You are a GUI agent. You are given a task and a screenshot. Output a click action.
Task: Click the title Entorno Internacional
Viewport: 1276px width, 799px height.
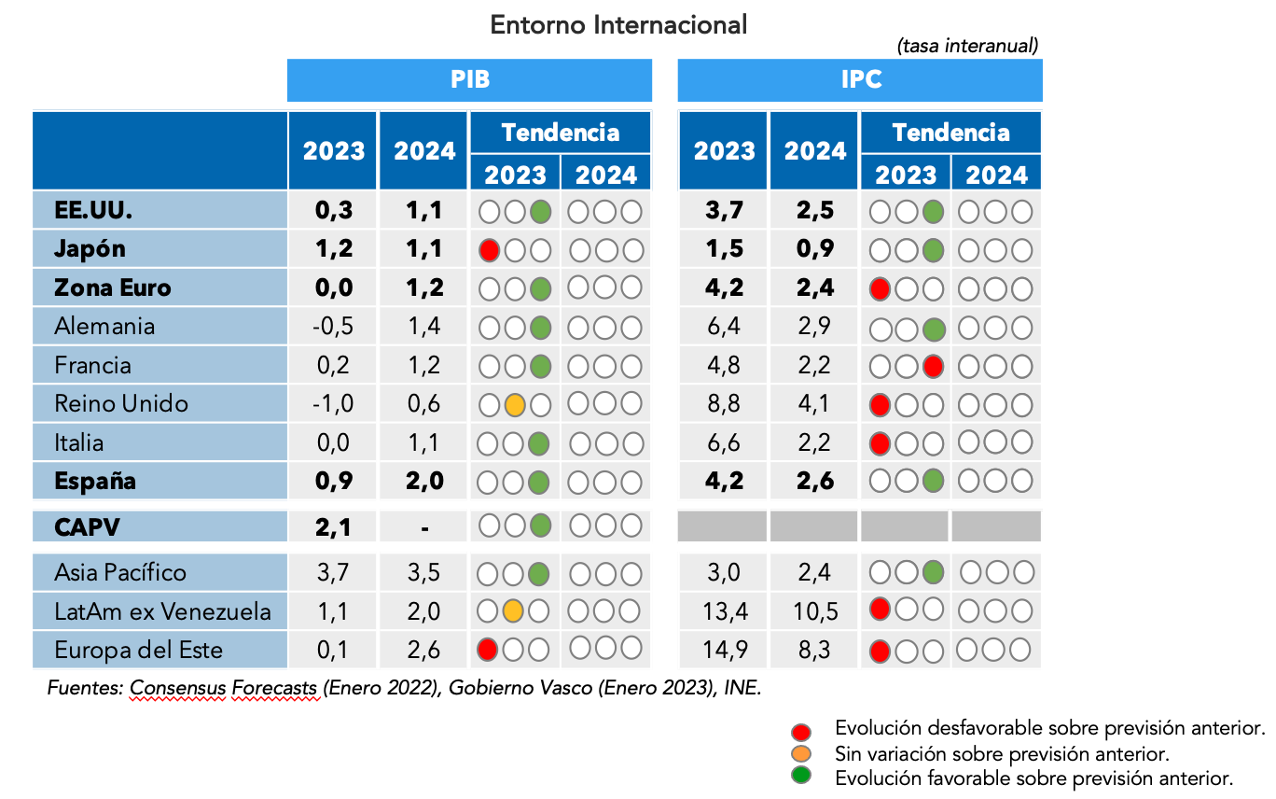(x=618, y=25)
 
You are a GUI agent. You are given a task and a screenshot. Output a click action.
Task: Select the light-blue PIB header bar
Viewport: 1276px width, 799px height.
(x=469, y=80)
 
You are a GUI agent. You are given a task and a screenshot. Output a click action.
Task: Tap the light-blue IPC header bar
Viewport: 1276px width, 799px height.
(x=860, y=80)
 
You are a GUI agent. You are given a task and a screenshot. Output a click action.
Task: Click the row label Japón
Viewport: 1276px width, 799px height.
(x=90, y=249)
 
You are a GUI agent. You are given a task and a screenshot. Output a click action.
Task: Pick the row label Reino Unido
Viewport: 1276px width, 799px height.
(x=121, y=404)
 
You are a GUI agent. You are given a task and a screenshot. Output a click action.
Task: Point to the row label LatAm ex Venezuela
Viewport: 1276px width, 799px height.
(x=162, y=611)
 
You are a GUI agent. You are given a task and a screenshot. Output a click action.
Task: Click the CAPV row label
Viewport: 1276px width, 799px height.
(x=88, y=527)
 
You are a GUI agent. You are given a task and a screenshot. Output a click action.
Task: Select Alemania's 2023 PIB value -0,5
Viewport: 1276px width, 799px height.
(x=333, y=327)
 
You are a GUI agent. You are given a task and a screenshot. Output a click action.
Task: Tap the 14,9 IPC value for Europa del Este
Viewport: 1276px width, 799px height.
(x=723, y=651)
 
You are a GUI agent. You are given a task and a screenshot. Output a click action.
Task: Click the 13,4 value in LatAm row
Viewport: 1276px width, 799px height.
(x=723, y=611)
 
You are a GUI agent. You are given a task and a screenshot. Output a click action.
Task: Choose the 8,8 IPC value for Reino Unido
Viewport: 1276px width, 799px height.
(x=724, y=404)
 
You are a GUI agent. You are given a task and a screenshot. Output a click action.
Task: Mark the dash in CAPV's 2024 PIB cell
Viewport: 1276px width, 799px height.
(x=424, y=528)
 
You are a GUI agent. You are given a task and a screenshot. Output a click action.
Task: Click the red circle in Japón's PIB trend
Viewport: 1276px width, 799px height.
(x=489, y=250)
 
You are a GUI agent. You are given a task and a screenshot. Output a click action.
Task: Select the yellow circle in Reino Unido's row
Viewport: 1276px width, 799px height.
(x=513, y=405)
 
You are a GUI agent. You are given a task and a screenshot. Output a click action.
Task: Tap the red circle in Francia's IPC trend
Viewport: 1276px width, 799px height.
(x=932, y=366)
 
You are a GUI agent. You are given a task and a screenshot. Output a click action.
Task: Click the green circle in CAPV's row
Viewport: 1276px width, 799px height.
(x=539, y=526)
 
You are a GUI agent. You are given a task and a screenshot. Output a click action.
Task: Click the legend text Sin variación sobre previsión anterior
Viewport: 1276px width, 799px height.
(x=1002, y=753)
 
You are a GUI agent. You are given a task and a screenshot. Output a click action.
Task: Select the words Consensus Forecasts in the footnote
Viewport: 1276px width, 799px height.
(x=224, y=689)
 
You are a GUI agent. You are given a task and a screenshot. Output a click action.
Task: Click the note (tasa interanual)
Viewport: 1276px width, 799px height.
(x=967, y=45)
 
